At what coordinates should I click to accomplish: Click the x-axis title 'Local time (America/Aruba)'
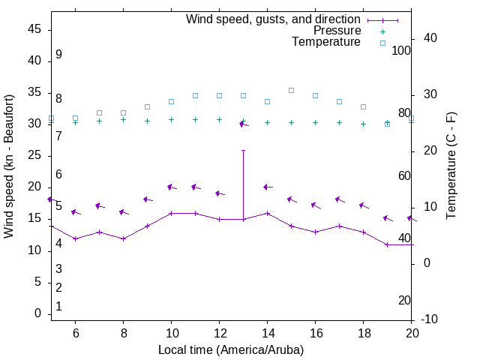pos(231,349)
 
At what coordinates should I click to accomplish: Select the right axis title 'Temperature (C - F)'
pos(451,166)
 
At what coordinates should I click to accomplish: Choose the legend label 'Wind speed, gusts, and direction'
pos(273,19)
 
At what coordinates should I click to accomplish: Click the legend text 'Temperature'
pos(326,42)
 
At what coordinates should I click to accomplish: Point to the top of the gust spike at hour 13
pos(243,150)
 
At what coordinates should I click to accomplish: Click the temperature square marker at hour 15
pos(291,90)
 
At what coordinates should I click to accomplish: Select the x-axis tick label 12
pos(219,333)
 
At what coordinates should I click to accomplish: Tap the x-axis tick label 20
pos(412,333)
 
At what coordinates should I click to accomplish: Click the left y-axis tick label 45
pos(34,28)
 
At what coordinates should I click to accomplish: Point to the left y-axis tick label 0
pos(37,314)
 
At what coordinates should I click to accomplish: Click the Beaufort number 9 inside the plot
pos(58,55)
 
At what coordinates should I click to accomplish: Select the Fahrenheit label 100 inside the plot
pos(401,50)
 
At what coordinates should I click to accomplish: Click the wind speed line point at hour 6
pos(75,238)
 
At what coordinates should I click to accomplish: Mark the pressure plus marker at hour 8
pos(123,119)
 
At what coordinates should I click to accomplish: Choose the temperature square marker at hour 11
pos(195,95)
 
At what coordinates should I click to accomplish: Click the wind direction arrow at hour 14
pos(268,187)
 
